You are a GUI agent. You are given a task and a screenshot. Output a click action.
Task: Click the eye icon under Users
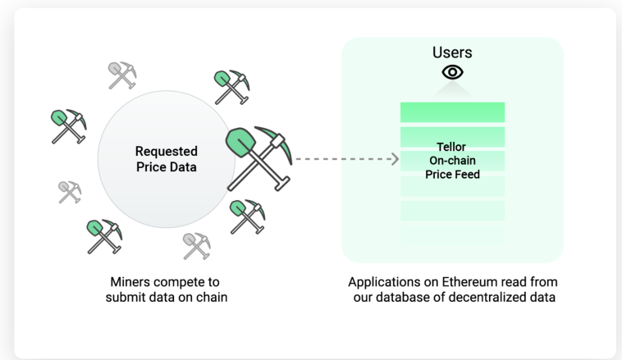coord(452,72)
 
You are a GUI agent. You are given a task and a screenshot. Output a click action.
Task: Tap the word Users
coord(452,52)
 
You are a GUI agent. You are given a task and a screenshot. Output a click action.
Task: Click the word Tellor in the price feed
coord(451,147)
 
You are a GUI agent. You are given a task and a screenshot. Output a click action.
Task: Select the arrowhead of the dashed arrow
coord(395,159)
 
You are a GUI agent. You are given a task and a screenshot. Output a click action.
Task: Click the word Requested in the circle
coord(167,151)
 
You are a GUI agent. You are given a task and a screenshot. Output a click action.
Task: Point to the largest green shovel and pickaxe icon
coord(259,158)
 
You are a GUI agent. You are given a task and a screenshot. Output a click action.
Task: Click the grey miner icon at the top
coord(122,75)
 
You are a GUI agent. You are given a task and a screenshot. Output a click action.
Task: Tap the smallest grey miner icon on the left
coord(70,192)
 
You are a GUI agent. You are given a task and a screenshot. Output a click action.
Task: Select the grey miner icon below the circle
coord(197,246)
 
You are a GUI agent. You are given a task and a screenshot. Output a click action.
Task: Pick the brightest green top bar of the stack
coord(452,112)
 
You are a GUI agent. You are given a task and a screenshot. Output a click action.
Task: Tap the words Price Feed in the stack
coord(452,175)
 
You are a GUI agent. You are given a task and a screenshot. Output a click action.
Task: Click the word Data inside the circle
coord(182,167)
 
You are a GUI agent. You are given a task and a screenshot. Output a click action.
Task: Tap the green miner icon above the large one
coord(231,87)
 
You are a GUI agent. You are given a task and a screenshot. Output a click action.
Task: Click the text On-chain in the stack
coord(452,161)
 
